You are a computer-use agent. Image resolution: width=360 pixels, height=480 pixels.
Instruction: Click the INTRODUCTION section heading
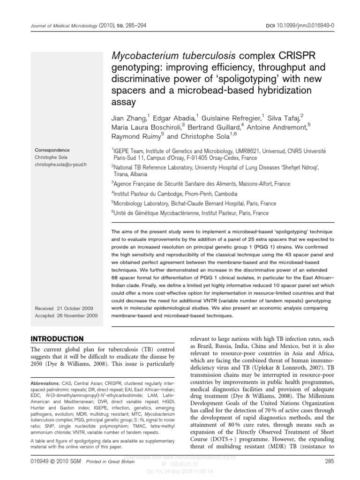(57, 338)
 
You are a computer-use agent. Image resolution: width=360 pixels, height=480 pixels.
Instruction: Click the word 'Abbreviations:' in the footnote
(45, 396)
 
